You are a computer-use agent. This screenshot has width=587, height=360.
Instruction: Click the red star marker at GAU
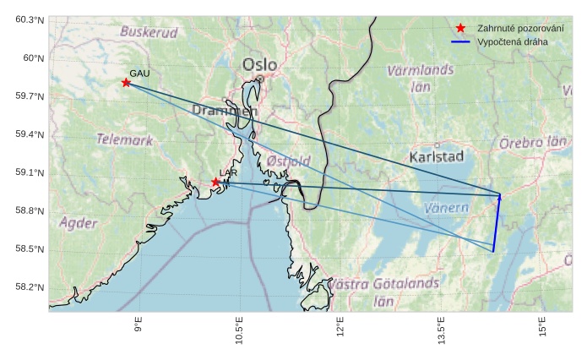126,83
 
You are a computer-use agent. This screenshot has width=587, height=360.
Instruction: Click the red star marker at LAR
215,182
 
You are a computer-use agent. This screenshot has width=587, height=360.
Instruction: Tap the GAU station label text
139,74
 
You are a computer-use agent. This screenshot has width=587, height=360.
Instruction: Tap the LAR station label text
228,173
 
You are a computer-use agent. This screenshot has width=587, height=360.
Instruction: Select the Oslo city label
259,65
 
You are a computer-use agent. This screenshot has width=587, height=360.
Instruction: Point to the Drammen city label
224,111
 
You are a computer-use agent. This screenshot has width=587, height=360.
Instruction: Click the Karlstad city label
437,157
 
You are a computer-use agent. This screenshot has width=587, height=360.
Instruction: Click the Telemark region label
124,139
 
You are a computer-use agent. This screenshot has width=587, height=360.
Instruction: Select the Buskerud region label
149,32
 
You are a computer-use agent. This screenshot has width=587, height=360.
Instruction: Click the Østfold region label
288,161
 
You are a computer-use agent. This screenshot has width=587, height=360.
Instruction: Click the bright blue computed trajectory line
497,224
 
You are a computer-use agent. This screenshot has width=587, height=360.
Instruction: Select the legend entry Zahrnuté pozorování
514,28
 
